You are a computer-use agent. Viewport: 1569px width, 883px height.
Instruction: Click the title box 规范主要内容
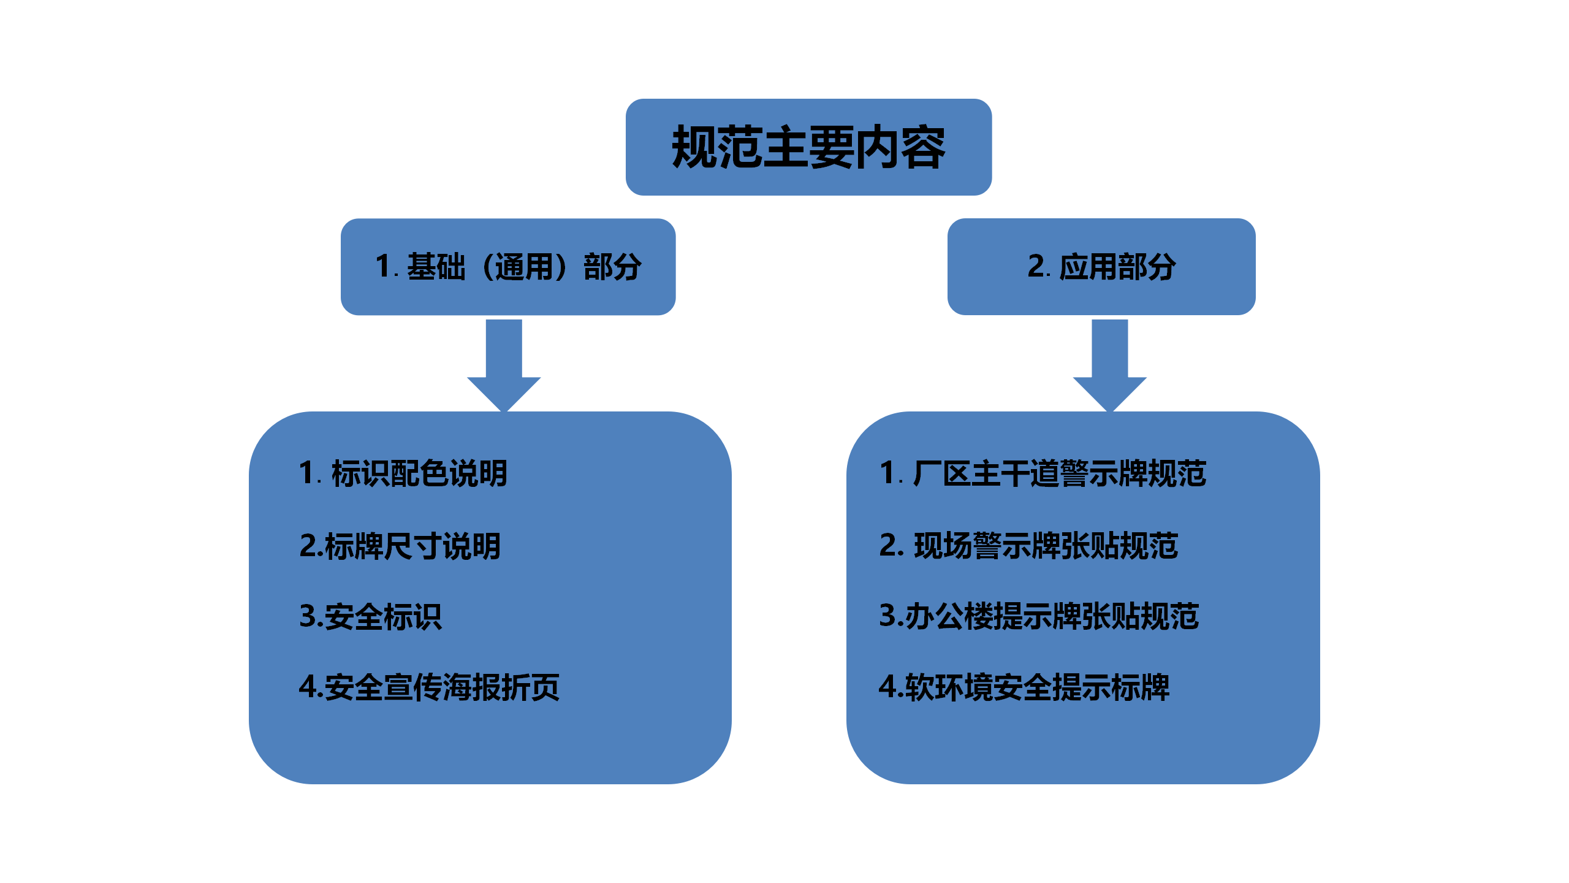pos(808,147)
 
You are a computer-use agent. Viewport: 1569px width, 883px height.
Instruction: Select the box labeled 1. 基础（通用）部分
pos(508,267)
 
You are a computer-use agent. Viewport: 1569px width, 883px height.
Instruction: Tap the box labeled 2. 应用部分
pos(1101,267)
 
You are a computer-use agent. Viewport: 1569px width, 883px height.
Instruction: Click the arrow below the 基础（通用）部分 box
pos(504,365)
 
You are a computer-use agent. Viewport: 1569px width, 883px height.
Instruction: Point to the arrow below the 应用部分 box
pos(1109,365)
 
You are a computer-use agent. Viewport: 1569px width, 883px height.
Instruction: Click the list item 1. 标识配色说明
pos(403,473)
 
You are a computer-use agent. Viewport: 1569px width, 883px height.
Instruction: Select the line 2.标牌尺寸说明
pos(400,546)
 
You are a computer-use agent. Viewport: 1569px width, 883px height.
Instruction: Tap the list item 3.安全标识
pos(370,616)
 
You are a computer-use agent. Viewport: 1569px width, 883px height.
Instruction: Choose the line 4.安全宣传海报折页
pos(429,687)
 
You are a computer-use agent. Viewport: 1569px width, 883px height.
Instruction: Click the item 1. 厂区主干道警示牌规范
pos(1043,473)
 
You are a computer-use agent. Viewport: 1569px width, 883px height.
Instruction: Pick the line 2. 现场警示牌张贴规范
pos(1028,546)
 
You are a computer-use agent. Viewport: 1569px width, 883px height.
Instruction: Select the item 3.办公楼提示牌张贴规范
pos(1039,616)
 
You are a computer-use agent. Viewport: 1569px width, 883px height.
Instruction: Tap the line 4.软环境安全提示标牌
pos(1024,687)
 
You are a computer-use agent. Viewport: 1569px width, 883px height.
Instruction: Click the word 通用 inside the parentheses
pos(524,267)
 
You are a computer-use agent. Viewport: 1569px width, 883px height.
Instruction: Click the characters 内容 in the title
pos(900,147)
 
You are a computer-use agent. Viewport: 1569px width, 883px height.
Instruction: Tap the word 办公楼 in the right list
pos(949,616)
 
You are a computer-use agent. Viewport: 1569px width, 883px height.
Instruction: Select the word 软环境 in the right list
pos(949,687)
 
